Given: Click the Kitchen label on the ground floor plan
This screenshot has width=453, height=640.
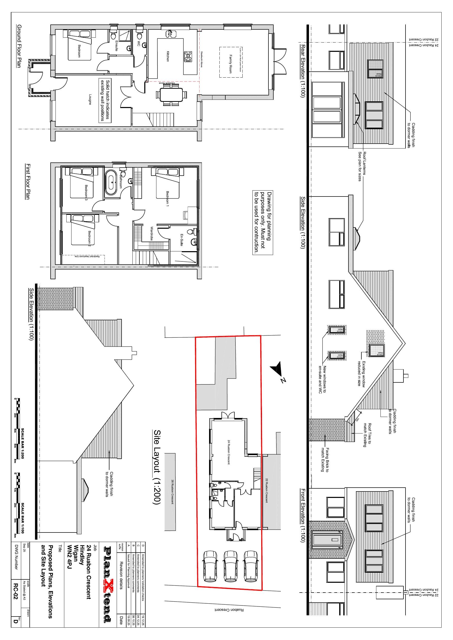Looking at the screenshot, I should (x=168, y=56).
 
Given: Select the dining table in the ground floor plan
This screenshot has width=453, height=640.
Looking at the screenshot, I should (x=171, y=95).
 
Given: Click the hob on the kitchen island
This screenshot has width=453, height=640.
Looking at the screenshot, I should (x=188, y=56).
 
